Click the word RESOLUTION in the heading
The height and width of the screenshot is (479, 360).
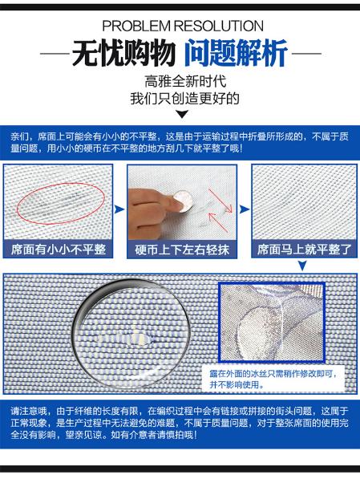pyautogui.click(x=219, y=26)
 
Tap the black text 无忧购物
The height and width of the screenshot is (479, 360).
pyautogui.click(x=124, y=54)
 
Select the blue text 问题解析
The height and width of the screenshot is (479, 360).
pyautogui.click(x=237, y=54)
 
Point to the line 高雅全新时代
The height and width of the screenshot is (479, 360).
pyautogui.click(x=185, y=82)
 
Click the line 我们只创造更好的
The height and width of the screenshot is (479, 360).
pyautogui.click(x=184, y=99)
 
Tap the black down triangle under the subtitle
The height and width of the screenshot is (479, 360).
pyautogui.click(x=183, y=114)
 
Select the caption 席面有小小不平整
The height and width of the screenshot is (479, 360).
pyautogui.click(x=59, y=250)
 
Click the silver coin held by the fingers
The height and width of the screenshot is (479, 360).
pyautogui.click(x=183, y=201)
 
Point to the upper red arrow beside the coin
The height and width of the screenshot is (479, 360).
pyautogui.click(x=220, y=201)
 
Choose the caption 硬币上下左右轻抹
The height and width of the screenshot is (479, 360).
pyautogui.click(x=182, y=250)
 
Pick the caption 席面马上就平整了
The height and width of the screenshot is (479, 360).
pyautogui.click(x=305, y=250)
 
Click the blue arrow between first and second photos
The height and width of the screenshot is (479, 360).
pyautogui.click(x=119, y=209)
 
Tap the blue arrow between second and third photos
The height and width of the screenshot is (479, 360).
pyautogui.click(x=245, y=209)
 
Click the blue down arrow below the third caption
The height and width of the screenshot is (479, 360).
pyautogui.click(x=302, y=265)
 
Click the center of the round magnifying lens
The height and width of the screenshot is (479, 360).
pyautogui.click(x=132, y=334)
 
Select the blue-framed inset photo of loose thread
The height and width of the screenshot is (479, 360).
pyautogui.click(x=272, y=323)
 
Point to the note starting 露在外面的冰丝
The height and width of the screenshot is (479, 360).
pyautogui.click(x=273, y=379)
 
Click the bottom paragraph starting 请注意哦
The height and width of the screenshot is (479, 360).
pyautogui.click(x=180, y=423)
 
